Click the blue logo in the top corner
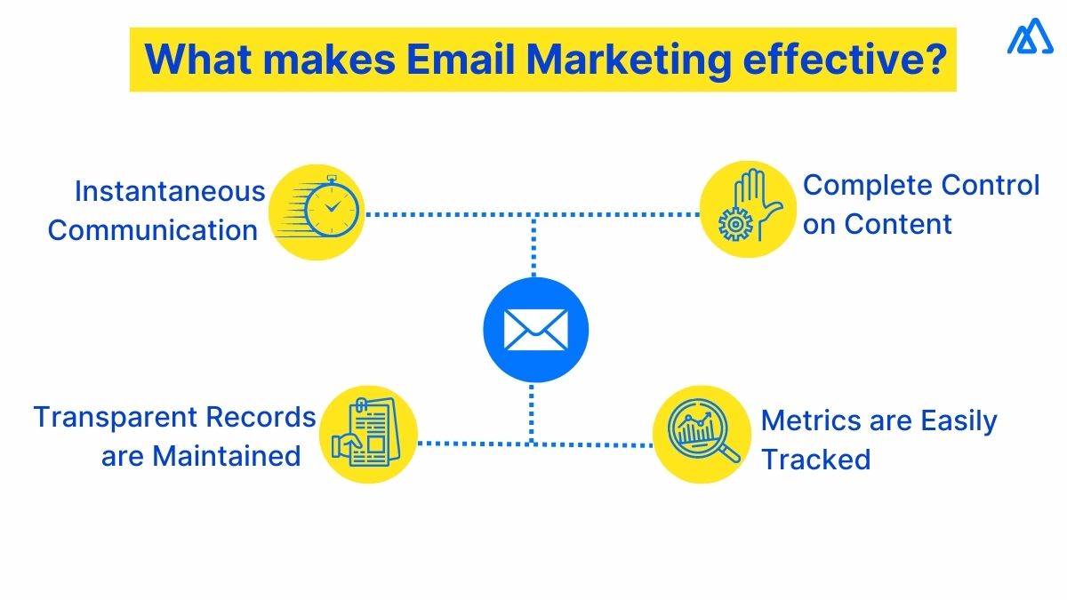(1030, 39)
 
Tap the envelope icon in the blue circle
(535, 330)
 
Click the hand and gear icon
(747, 211)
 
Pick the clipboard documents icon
(368, 435)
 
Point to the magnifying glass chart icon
(702, 434)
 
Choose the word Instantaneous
(170, 191)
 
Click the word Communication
(153, 230)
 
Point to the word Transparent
(116, 417)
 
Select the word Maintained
(227, 456)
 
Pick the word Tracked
(816, 460)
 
